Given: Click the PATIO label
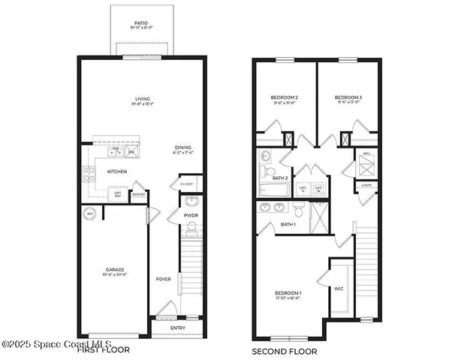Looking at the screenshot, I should point(142,23).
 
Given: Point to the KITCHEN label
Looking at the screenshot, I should point(117,172).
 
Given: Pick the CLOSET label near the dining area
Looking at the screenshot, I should point(187,183).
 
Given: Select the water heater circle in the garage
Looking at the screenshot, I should point(90,213).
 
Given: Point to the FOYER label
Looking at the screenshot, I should point(164,279).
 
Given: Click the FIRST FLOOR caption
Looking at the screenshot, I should point(103,350).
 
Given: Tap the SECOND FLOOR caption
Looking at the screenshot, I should point(284,350).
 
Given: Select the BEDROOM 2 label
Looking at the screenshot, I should point(285,98).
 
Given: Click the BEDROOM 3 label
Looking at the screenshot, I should point(348,98).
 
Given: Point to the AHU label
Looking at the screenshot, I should point(366,154).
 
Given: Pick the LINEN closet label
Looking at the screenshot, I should point(366,184).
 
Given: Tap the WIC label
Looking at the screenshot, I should point(339,287).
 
